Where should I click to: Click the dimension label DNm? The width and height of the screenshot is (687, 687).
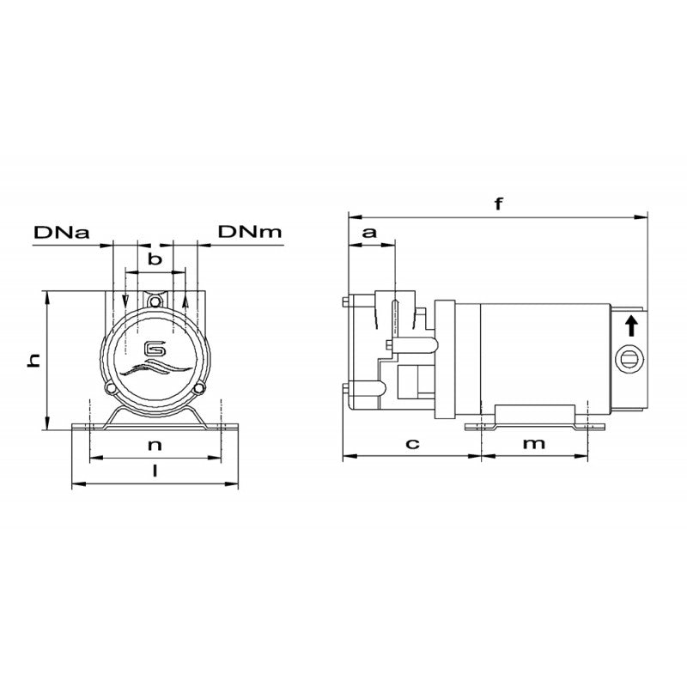[248, 232]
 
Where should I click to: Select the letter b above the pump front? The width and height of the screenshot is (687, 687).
[155, 258]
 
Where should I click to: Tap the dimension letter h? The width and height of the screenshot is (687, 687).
[33, 362]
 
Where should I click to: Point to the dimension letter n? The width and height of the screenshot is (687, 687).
[155, 445]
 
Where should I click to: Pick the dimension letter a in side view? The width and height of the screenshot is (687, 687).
[369, 232]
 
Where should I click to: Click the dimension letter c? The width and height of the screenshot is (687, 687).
[412, 443]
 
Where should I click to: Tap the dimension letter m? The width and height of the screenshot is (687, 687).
[534, 443]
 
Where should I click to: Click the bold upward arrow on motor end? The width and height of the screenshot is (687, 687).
[631, 325]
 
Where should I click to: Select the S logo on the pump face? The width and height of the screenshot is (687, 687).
[155, 348]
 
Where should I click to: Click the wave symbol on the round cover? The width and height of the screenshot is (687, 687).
[155, 369]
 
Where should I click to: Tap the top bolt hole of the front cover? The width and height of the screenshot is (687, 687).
[155, 302]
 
